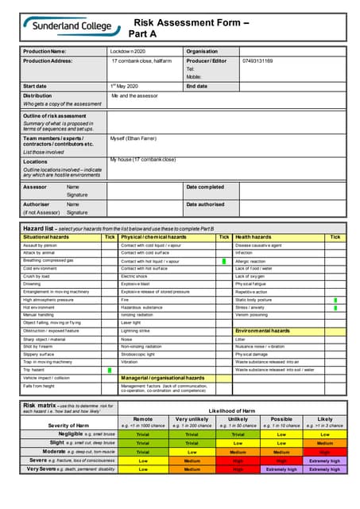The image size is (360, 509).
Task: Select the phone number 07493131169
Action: coord(257,60)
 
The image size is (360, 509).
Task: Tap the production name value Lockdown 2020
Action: coord(129,51)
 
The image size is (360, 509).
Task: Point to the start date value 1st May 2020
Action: coord(125,85)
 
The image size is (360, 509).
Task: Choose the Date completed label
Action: coord(205,186)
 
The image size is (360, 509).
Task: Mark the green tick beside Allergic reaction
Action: coord(224,261)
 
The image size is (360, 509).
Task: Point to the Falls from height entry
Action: coord(39,385)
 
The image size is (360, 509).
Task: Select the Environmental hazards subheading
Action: coord(262,330)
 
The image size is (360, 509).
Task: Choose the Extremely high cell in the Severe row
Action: coord(325,460)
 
